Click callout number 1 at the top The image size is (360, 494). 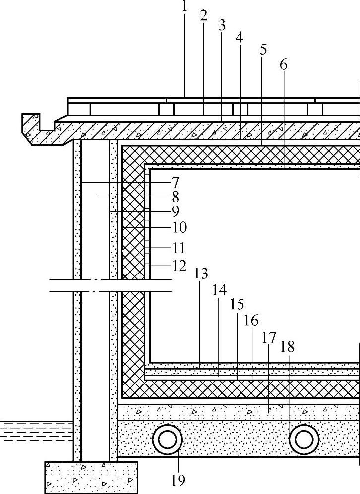[184, 6]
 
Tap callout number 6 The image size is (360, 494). [283, 64]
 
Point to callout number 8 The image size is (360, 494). [174, 197]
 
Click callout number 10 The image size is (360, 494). [179, 227]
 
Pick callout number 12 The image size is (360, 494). [179, 266]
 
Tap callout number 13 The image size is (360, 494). [201, 274]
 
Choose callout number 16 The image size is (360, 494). [251, 321]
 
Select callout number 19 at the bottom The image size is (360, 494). [178, 479]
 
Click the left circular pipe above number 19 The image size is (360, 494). [167, 439]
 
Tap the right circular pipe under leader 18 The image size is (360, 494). [304, 439]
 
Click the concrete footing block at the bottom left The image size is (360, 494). [91, 477]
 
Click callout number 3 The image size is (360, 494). [221, 26]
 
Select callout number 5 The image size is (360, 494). [263, 50]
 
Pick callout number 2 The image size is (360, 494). [203, 15]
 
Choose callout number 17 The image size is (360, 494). [269, 338]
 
